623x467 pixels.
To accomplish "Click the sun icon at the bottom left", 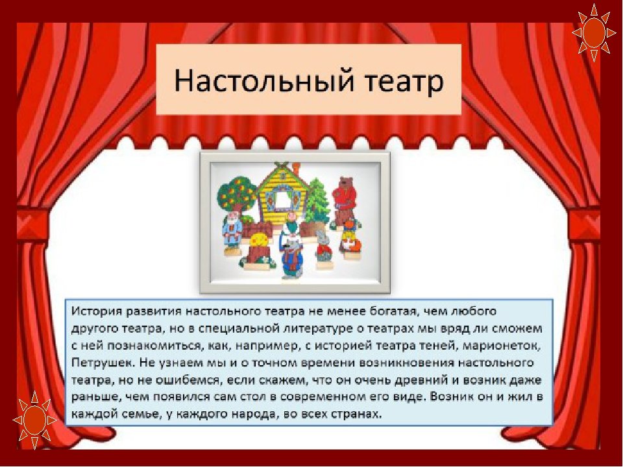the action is click(x=34, y=420).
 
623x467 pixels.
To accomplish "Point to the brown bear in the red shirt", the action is click(x=345, y=202).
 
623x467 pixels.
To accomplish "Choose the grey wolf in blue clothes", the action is click(x=291, y=257).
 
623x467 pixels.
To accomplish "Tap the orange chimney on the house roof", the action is click(x=295, y=165).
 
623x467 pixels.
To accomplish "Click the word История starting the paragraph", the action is click(x=96, y=311).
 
